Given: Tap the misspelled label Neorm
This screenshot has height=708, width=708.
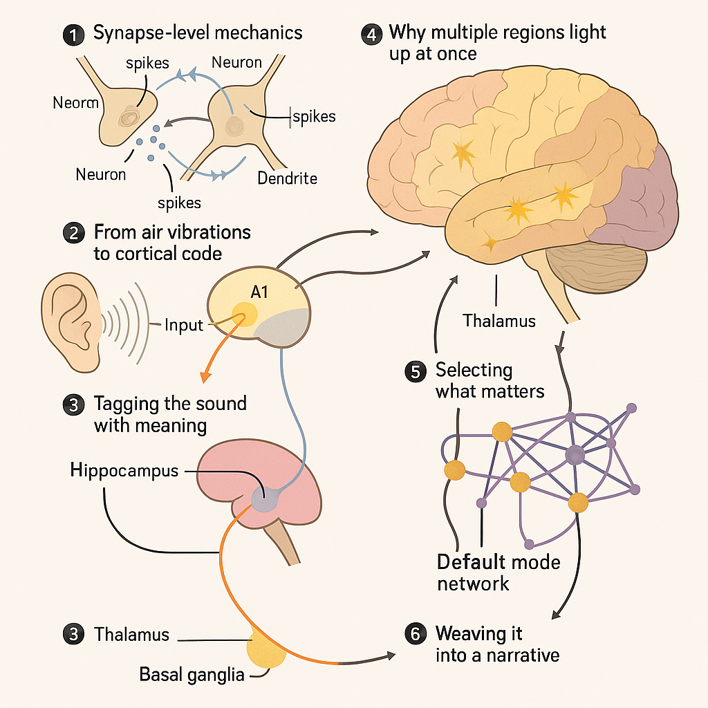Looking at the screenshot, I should [x=75, y=104].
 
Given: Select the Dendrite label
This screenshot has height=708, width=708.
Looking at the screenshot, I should [x=287, y=178].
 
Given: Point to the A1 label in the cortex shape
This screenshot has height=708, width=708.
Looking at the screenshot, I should [x=259, y=292].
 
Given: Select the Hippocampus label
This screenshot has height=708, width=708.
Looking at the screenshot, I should [x=124, y=471].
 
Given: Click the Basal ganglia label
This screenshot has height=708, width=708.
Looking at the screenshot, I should [x=192, y=673].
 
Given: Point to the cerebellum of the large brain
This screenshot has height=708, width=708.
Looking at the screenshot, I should [x=596, y=270].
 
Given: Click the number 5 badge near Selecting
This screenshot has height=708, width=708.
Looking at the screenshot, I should [x=415, y=371].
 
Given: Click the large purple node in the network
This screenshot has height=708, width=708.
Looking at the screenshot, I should [x=575, y=454].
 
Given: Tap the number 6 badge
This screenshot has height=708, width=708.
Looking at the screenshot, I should [x=415, y=634].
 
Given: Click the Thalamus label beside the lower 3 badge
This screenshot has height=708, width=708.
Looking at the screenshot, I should [x=131, y=635].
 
